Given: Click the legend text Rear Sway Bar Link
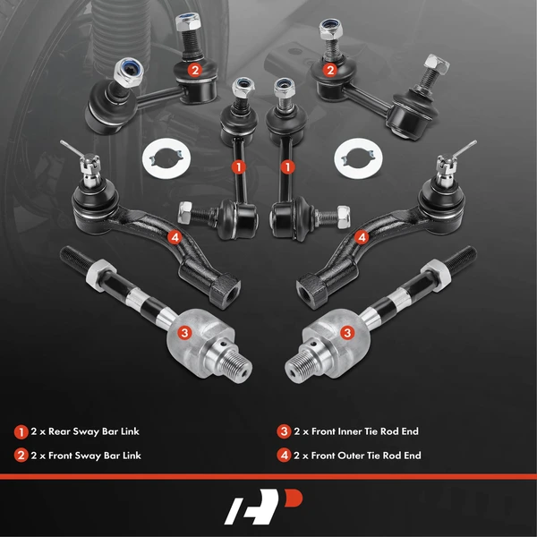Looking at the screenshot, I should tap(89, 431).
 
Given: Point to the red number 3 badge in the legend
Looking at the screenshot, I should tap(284, 431).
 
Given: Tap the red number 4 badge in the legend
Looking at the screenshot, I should tap(284, 456).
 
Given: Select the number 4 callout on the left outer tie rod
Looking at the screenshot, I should tap(174, 237).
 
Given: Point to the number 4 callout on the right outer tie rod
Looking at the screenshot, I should tap(362, 237).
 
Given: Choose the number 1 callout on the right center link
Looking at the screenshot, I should tap(287, 166).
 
